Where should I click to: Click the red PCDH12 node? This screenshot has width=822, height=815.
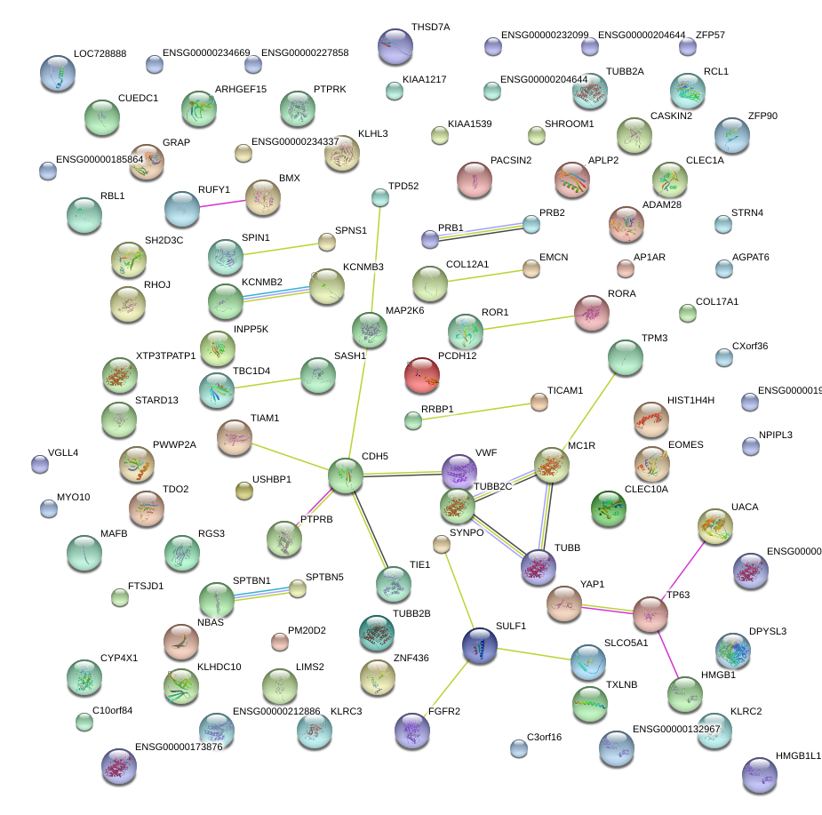coord(422,375)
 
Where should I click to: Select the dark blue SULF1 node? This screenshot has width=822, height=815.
coord(480,644)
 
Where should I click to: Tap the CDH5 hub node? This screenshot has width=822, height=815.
coord(346,476)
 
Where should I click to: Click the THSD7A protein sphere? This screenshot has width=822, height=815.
coord(395,46)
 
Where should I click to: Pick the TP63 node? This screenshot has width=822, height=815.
coord(650,613)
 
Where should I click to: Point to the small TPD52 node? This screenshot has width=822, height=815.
coord(380,197)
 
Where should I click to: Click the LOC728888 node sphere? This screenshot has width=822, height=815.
coord(58,73)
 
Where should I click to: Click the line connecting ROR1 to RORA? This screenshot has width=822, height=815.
coord(528,322)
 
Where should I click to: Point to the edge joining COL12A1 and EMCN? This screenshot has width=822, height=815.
coord(490,276)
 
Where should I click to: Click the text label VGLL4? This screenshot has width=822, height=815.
coord(63,453)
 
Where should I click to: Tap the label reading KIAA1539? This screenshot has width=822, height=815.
coord(470,124)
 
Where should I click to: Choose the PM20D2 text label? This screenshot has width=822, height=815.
coord(307,630)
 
